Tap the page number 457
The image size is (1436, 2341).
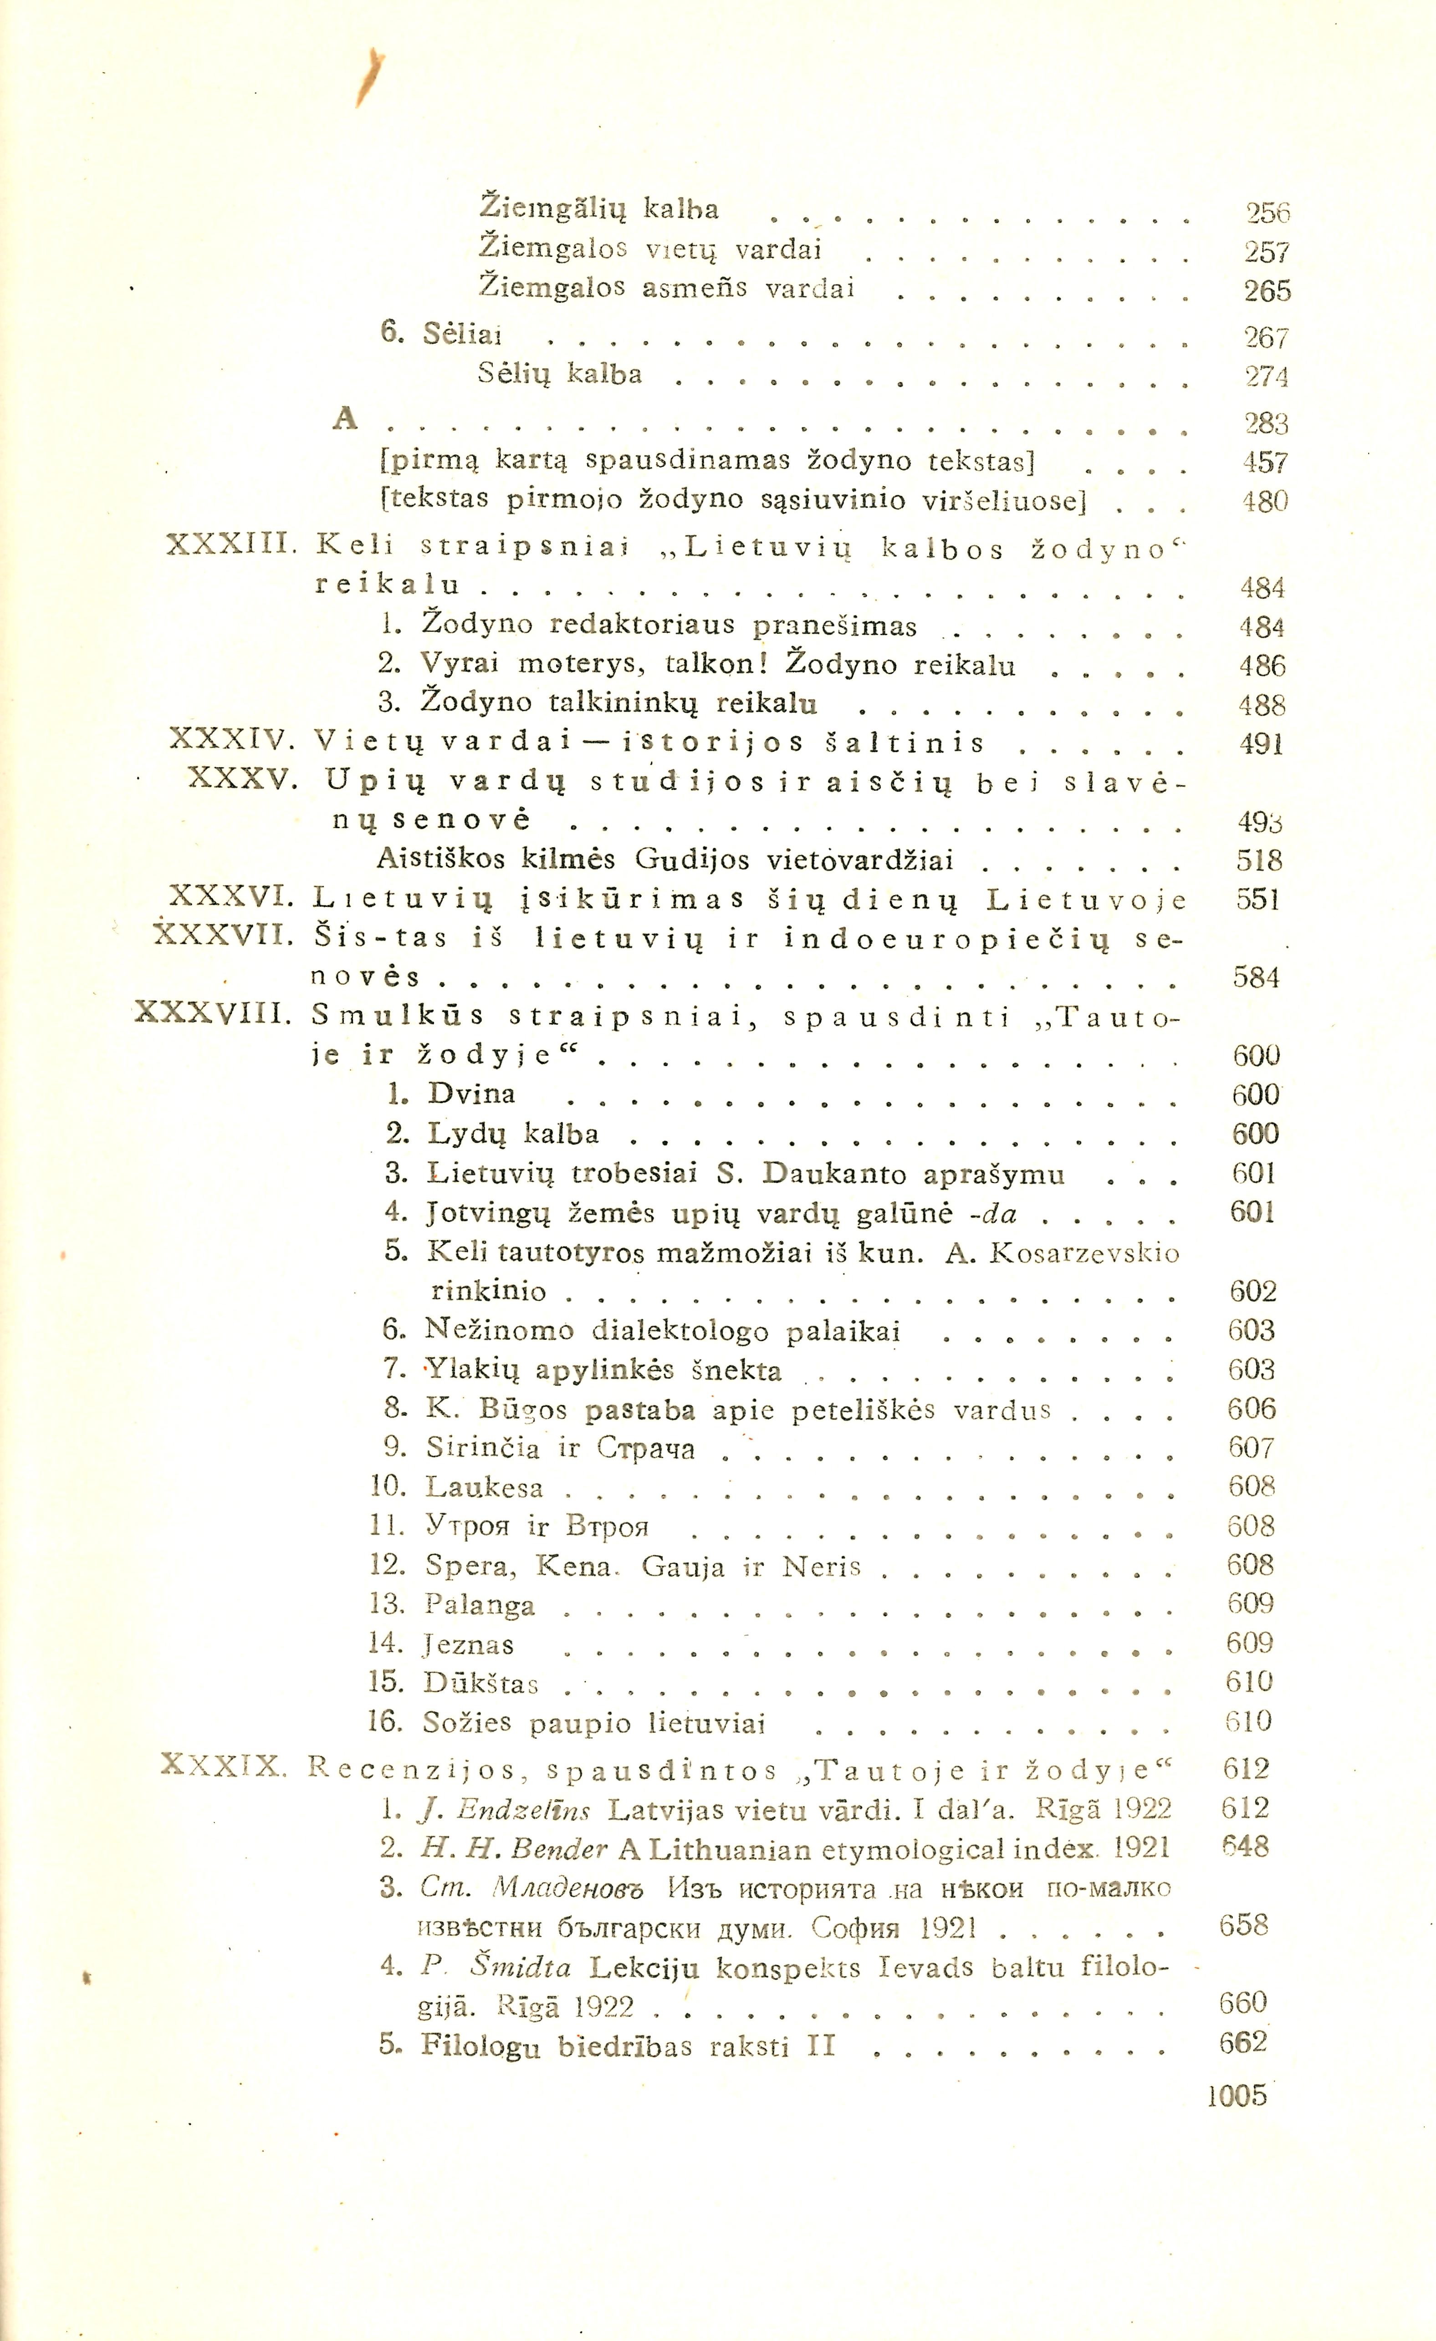coord(1265,463)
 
